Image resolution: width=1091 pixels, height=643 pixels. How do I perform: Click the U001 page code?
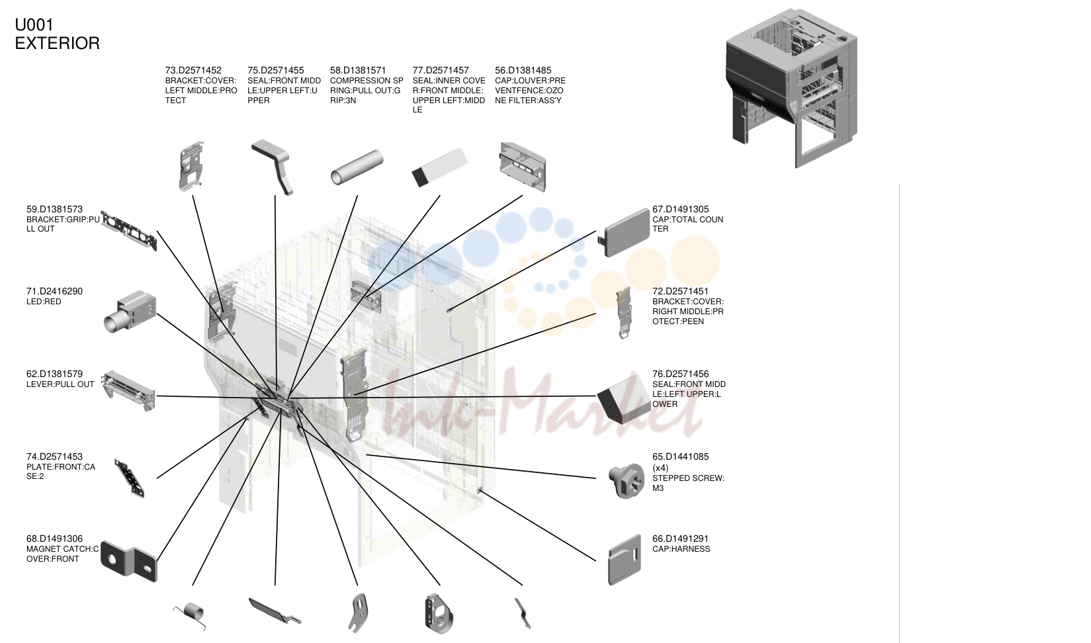click(x=34, y=25)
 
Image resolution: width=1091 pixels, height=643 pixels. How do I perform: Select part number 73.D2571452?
click(x=193, y=70)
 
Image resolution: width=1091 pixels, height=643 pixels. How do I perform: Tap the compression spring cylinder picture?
click(x=357, y=167)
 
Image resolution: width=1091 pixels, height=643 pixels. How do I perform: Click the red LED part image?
click(x=130, y=312)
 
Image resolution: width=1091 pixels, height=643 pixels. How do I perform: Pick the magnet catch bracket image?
click(x=128, y=561)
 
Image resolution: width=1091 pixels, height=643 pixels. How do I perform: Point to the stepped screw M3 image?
click(x=627, y=480)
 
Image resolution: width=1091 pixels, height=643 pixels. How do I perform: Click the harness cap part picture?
click(x=625, y=559)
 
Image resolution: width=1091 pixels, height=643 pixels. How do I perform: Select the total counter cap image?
click(x=624, y=232)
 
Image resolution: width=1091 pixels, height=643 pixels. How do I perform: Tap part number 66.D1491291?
click(x=680, y=538)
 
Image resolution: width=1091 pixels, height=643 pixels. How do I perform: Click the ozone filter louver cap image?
click(x=523, y=166)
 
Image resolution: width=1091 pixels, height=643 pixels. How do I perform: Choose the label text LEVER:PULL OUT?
click(x=60, y=384)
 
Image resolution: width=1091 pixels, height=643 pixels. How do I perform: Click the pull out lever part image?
click(x=128, y=390)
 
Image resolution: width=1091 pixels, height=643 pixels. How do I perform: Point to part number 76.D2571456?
click(x=680, y=374)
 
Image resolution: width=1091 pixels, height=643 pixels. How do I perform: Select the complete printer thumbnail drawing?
click(x=791, y=88)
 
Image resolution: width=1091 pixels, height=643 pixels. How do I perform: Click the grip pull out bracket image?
click(x=129, y=231)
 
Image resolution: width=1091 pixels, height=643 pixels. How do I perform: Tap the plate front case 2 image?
click(x=130, y=478)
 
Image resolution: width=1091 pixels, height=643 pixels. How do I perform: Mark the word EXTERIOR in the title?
click(x=58, y=44)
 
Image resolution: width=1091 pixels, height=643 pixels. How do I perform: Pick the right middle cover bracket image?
click(x=624, y=312)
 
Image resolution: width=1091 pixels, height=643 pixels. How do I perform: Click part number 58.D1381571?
click(x=358, y=70)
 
